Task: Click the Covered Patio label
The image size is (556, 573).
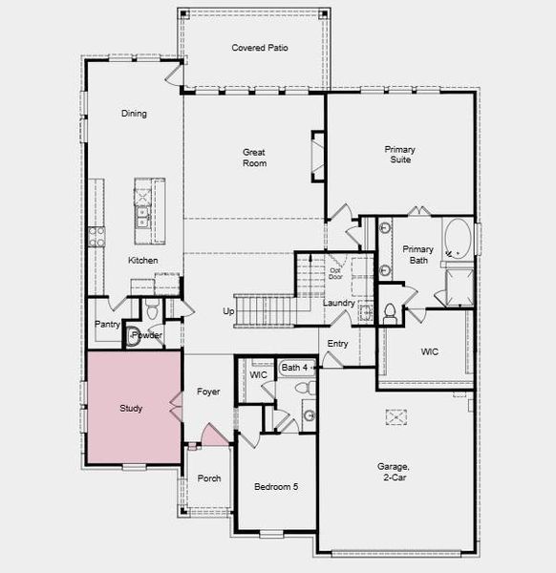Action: (260, 48)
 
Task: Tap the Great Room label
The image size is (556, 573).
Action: (254, 158)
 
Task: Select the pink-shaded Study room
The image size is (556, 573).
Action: (132, 408)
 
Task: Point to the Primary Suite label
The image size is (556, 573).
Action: (400, 155)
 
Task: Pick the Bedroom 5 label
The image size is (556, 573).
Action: (276, 487)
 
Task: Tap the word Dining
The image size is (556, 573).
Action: (134, 114)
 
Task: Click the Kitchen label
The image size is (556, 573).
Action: (143, 261)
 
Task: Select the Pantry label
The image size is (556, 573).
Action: (107, 324)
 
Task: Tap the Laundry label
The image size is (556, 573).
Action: (338, 304)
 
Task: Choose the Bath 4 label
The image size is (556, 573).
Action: (294, 367)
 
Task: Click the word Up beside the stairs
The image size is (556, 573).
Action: (228, 311)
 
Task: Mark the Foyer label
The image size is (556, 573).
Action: (208, 392)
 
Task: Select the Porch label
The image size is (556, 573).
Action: (209, 478)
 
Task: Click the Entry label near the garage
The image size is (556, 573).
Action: (338, 344)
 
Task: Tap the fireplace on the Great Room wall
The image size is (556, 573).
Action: (317, 154)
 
